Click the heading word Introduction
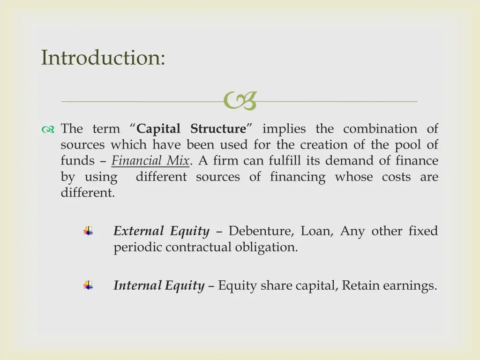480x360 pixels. (103, 58)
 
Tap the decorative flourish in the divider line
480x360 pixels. (240, 101)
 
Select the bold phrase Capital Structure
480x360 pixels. (191, 129)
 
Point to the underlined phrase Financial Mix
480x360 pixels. (150, 161)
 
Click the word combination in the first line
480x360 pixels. (380, 129)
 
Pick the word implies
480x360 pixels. (284, 129)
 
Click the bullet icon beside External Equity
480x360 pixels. (88, 231)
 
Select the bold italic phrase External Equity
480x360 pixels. (161, 231)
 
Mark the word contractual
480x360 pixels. (198, 247)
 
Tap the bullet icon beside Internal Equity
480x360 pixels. (88, 285)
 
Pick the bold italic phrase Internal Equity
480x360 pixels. (159, 285)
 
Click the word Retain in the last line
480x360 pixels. (360, 285)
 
